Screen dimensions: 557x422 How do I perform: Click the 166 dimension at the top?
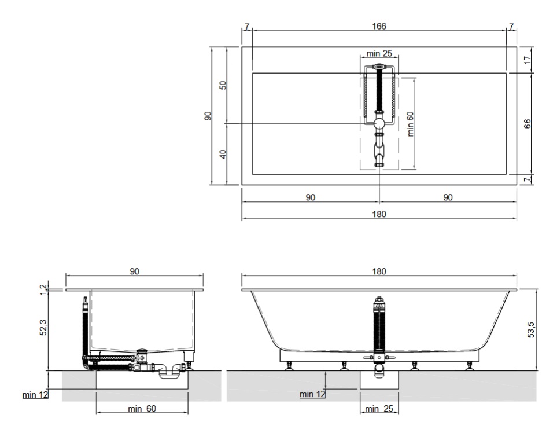click(379, 26)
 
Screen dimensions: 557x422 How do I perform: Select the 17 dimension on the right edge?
click(528, 60)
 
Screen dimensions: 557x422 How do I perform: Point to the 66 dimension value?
click(528, 124)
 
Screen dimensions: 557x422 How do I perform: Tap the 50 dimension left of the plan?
click(223, 85)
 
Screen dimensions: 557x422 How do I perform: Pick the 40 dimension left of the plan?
click(223, 155)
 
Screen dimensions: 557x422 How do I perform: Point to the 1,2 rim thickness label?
click(43, 289)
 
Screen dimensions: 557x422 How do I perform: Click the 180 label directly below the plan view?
click(379, 214)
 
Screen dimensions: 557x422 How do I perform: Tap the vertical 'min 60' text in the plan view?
click(410, 124)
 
